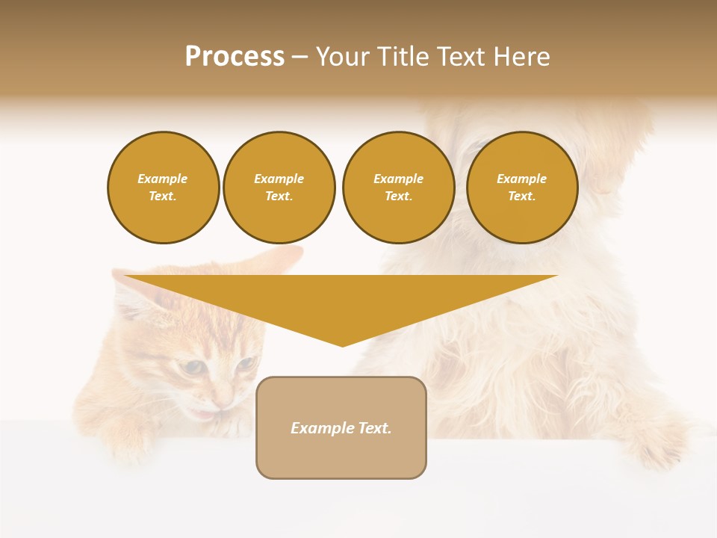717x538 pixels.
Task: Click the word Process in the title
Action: click(235, 57)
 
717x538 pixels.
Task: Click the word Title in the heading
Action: click(401, 57)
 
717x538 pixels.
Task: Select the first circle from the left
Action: click(163, 187)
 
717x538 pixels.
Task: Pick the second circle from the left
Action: click(279, 187)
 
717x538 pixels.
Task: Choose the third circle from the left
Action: click(398, 187)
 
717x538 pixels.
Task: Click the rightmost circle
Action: click(521, 187)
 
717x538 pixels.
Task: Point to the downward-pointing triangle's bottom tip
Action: click(343, 346)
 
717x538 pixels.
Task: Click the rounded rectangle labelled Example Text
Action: click(341, 427)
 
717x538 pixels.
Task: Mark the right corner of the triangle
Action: click(556, 276)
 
